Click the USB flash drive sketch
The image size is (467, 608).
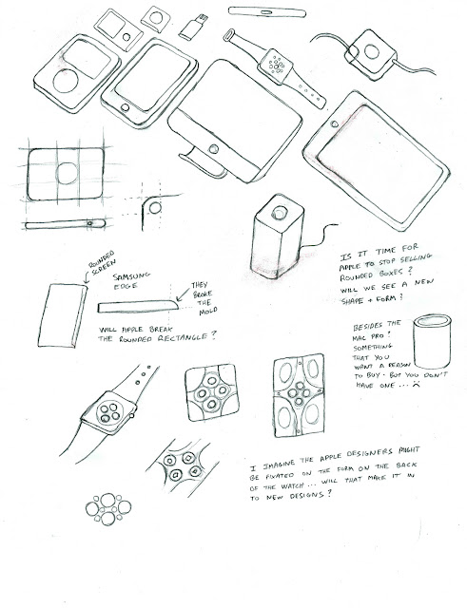click(x=193, y=27)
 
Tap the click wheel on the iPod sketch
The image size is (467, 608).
click(x=66, y=81)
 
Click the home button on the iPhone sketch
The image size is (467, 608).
click(x=125, y=107)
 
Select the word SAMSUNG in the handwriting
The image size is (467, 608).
click(x=131, y=276)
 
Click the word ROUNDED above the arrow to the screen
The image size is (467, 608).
click(x=102, y=259)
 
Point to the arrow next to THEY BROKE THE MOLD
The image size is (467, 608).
click(x=183, y=294)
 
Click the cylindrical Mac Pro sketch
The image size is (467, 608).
click(x=432, y=341)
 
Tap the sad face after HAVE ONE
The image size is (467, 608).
click(x=417, y=384)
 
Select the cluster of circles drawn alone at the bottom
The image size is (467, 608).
click(x=108, y=509)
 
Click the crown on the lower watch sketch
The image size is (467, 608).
click(x=132, y=416)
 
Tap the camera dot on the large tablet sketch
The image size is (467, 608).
click(x=334, y=124)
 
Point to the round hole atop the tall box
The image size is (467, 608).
click(x=279, y=213)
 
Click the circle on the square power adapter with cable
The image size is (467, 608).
click(x=372, y=52)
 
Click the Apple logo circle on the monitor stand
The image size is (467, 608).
click(x=213, y=149)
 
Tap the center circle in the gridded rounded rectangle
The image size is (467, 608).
click(x=67, y=173)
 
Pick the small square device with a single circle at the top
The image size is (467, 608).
click(x=156, y=19)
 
